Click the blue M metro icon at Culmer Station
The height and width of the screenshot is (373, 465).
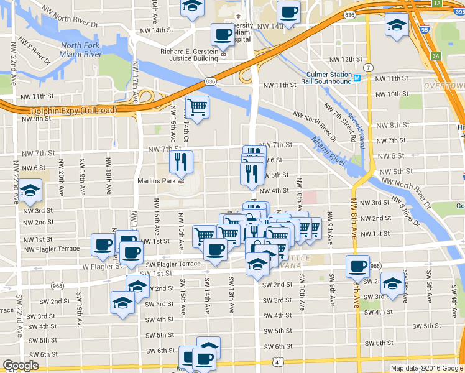coord(357,78)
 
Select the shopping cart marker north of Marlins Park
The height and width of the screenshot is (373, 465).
coord(197,107)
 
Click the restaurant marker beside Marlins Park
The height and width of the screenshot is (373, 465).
coord(181,163)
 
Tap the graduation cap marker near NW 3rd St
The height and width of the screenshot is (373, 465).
coord(29,192)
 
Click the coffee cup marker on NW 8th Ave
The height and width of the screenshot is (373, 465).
coord(357,267)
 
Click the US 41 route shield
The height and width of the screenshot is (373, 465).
coord(277,361)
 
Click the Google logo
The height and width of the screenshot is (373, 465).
coord(21,365)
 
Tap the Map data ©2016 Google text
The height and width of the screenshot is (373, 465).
coord(426,368)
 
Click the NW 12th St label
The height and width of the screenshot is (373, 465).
coord(349,58)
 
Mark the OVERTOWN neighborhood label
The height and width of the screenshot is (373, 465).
coord(444,85)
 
